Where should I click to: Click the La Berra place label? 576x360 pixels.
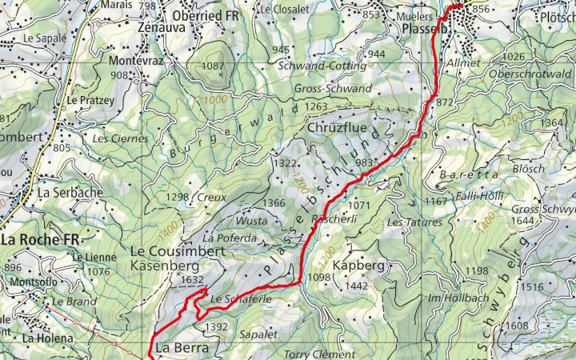click(182, 348)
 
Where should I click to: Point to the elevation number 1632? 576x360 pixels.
click(193, 280)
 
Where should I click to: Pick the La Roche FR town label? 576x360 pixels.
click(40, 239)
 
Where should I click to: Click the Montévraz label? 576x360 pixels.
click(134, 61)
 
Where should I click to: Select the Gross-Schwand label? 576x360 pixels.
click(332, 88)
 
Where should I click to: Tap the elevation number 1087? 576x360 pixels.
click(214, 66)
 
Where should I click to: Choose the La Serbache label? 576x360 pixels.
click(70, 193)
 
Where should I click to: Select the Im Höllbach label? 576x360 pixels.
click(453, 298)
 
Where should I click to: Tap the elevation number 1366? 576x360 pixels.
click(274, 203)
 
